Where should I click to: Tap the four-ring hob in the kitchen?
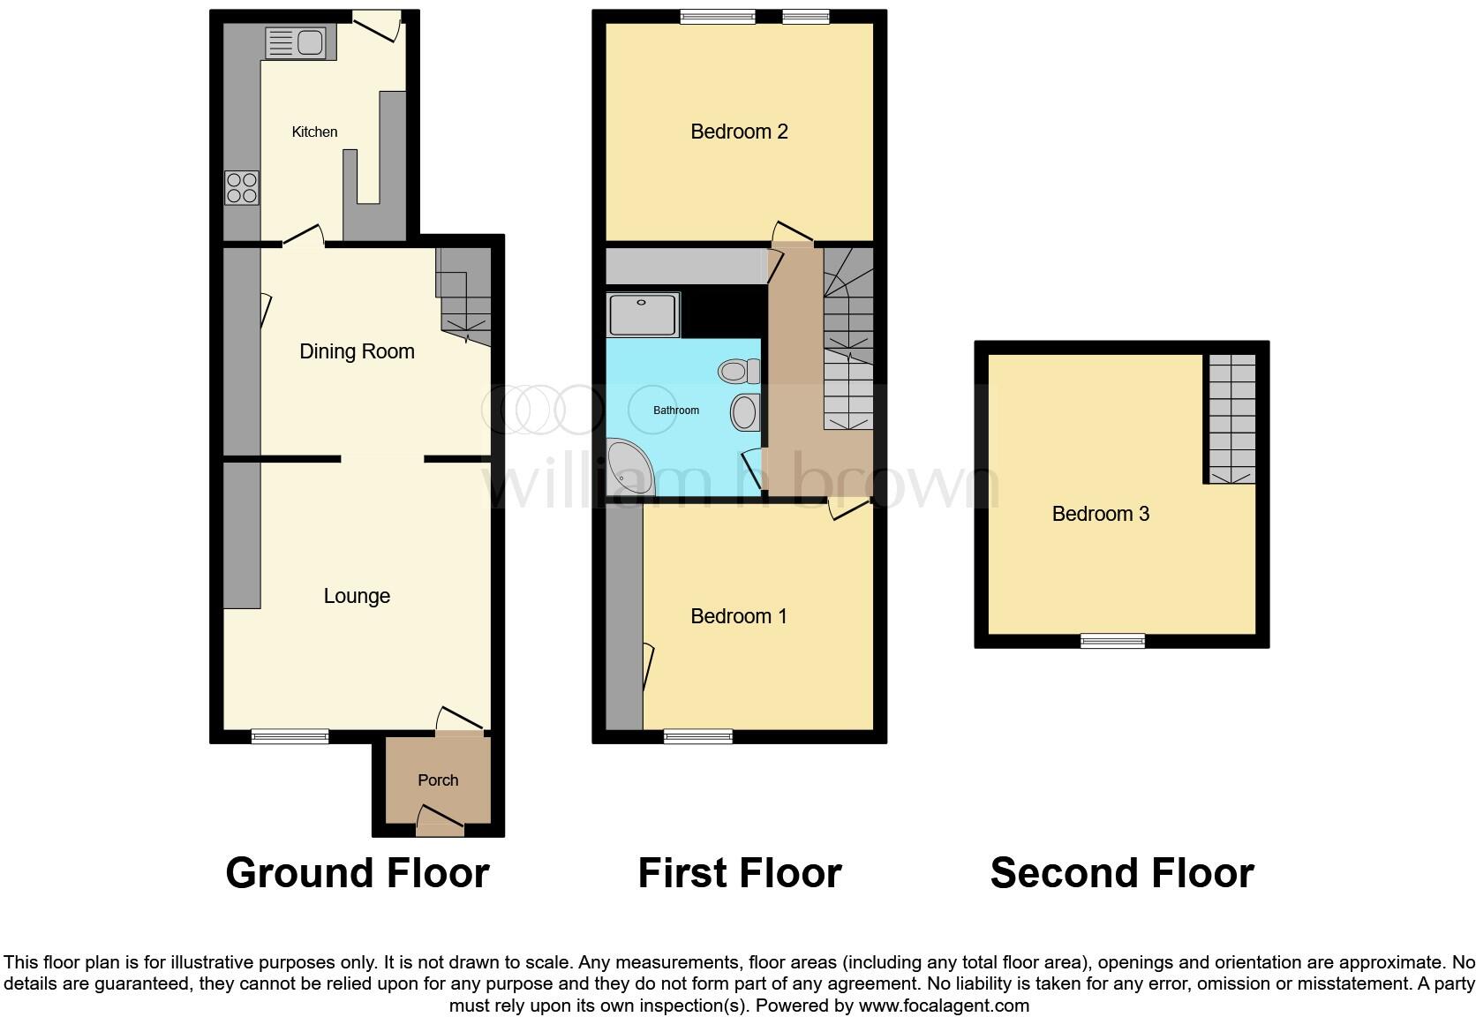tap(242, 187)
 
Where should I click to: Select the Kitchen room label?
tap(314, 132)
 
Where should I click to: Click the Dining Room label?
tap(357, 351)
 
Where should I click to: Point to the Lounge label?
tap(357, 596)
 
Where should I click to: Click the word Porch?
tap(438, 780)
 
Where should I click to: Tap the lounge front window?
tap(290, 736)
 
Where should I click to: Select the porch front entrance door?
tap(440, 828)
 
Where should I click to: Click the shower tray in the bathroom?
tap(643, 315)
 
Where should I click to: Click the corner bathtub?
tap(629, 468)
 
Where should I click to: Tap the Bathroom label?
tap(676, 411)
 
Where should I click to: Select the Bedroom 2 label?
tap(739, 132)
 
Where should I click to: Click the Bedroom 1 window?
tap(697, 736)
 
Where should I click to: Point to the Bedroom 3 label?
tap(1100, 514)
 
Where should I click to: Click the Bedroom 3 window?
tap(1112, 641)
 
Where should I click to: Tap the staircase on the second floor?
tap(1231, 418)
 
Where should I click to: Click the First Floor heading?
tap(740, 873)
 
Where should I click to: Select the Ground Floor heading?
tap(358, 873)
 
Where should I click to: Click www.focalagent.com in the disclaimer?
tap(944, 1005)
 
